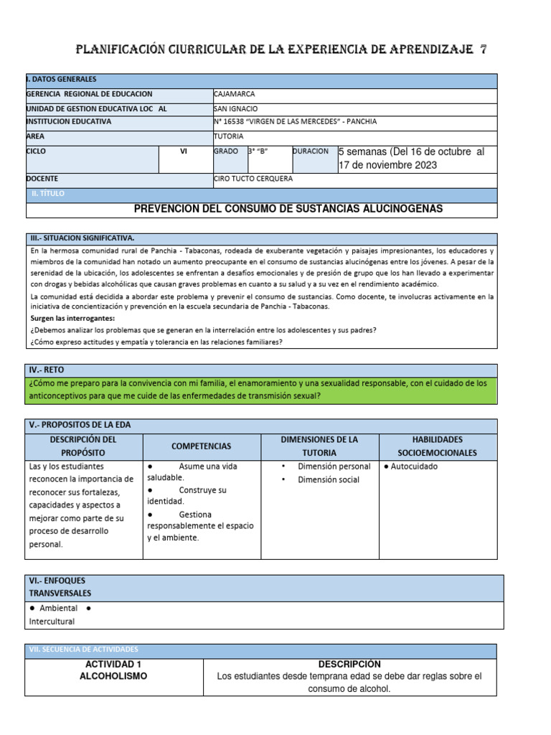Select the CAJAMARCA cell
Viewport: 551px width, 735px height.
235,94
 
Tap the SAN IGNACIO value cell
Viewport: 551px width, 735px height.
236,108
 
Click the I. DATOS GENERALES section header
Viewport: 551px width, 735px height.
61,80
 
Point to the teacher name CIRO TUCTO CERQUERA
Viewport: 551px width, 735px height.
253,179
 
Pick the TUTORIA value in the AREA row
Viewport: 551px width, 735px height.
229,136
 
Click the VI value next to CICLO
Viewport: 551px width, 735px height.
184,152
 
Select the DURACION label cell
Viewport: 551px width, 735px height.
311,151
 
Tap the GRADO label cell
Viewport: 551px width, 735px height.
225,151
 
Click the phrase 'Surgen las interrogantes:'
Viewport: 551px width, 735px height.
72,317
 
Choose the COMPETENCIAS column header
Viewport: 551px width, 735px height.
202,446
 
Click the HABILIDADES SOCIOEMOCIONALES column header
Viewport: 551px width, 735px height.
437,446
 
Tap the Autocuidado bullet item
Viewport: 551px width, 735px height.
411,467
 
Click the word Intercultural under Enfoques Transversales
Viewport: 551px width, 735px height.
52,622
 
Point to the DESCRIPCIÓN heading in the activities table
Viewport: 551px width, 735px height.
349,665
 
